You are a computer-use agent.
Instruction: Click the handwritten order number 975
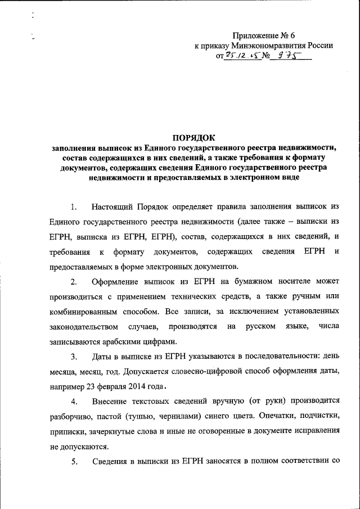(x=284, y=56)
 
